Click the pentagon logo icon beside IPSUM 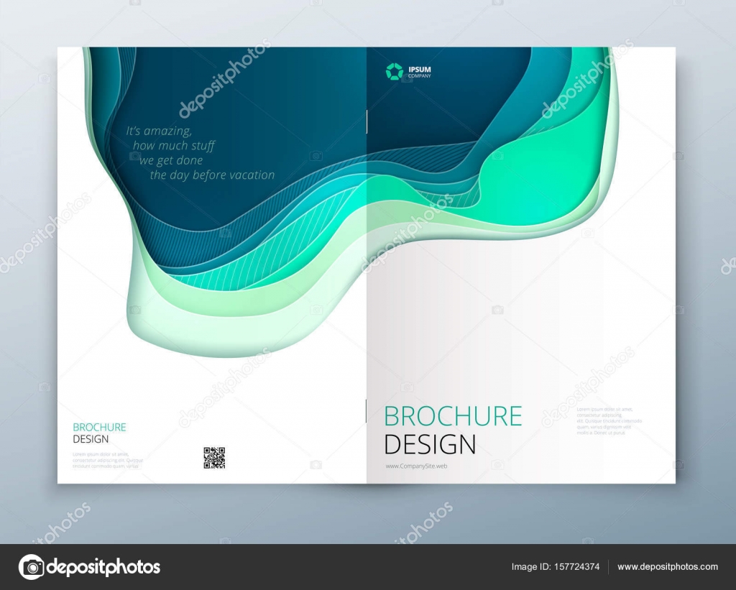[x=394, y=70]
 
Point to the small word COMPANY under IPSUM [x=420, y=75]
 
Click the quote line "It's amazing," [x=159, y=131]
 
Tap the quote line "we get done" [x=171, y=160]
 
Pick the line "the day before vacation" [x=212, y=175]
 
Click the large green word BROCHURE [x=453, y=416]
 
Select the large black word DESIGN [x=430, y=444]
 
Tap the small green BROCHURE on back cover [x=99, y=427]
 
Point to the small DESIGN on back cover [x=91, y=439]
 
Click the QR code [x=214, y=458]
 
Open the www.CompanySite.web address [x=416, y=466]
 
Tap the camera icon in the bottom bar [x=31, y=566]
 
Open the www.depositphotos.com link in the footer [x=667, y=567]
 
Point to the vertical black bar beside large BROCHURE [x=367, y=411]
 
